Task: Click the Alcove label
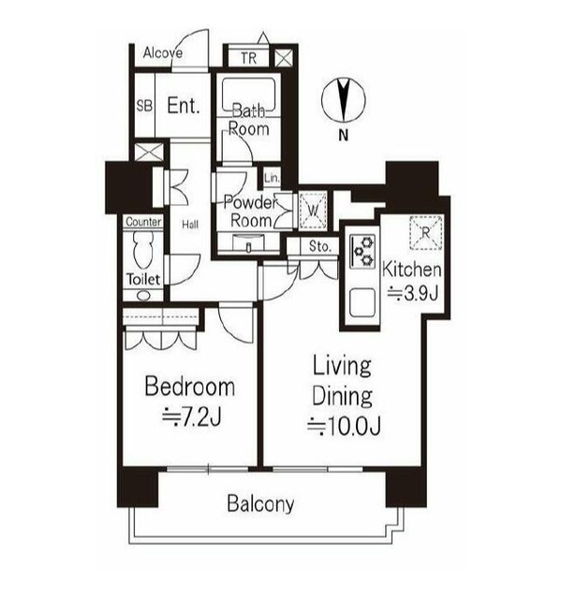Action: click(162, 52)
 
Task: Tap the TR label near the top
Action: click(248, 58)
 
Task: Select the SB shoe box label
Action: click(144, 106)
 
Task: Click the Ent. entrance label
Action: click(184, 106)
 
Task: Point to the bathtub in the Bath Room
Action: click(249, 97)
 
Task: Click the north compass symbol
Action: click(344, 100)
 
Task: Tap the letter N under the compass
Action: click(344, 135)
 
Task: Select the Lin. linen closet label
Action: click(272, 178)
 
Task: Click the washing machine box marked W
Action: click(313, 211)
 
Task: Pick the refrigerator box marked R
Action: click(426, 233)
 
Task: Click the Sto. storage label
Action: click(320, 246)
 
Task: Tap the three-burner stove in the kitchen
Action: click(362, 251)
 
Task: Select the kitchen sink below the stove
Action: click(362, 302)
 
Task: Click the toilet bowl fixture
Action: click(143, 250)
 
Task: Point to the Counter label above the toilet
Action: click(143, 222)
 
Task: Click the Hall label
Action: click(190, 225)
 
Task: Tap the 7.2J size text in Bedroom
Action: click(192, 417)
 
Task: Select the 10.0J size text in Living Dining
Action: click(344, 427)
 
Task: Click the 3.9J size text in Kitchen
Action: click(413, 293)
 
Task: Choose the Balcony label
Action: click(260, 504)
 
